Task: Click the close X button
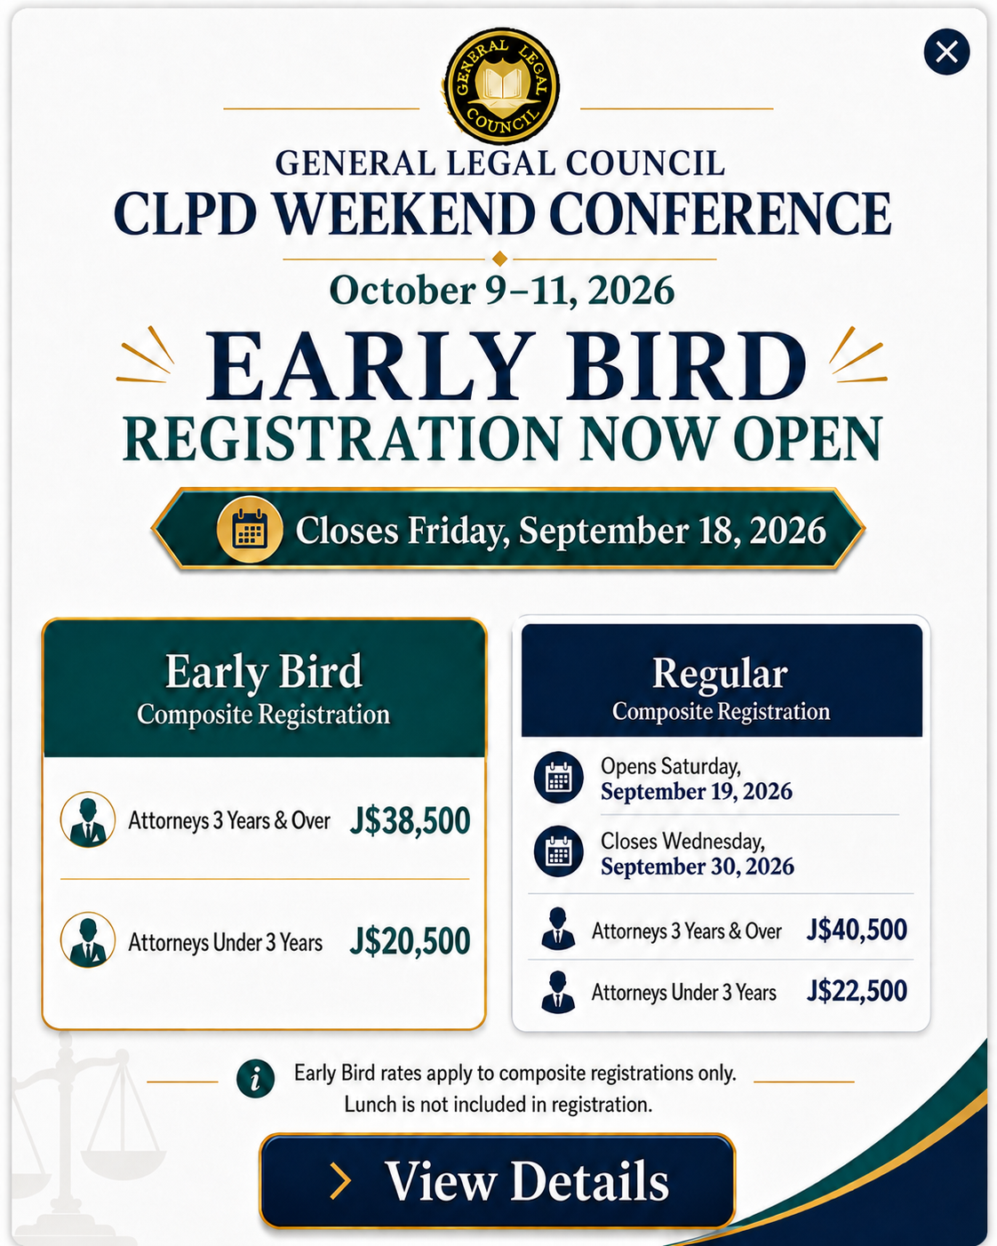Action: (x=946, y=52)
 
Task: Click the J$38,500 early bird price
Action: (x=410, y=820)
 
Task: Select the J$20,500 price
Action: (x=410, y=941)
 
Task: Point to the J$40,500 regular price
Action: (x=857, y=930)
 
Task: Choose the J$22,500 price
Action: (x=857, y=991)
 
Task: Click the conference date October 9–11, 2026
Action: (x=502, y=290)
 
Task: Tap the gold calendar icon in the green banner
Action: (x=250, y=530)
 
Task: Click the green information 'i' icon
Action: (x=255, y=1079)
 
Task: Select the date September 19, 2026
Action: (x=697, y=792)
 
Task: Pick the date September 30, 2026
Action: (x=697, y=867)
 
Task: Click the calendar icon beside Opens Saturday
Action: (x=558, y=778)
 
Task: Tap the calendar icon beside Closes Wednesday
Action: (x=558, y=851)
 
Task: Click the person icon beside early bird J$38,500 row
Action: (x=88, y=820)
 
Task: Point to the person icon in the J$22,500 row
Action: (x=557, y=993)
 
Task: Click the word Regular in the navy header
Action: (x=720, y=675)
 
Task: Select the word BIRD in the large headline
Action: (x=686, y=366)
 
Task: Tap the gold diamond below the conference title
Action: (x=500, y=259)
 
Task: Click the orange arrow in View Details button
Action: (x=341, y=1180)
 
